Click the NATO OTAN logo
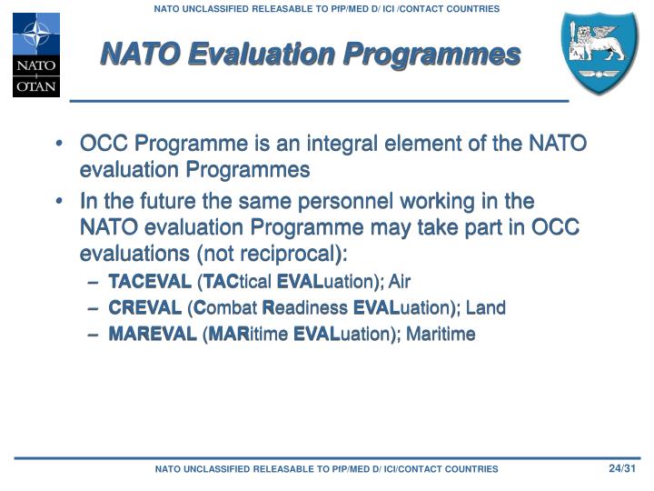click(35, 55)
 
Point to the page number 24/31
click(623, 468)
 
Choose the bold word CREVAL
click(145, 307)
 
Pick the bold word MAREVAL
click(153, 334)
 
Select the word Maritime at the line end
click(441, 334)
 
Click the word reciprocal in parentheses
click(295, 252)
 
